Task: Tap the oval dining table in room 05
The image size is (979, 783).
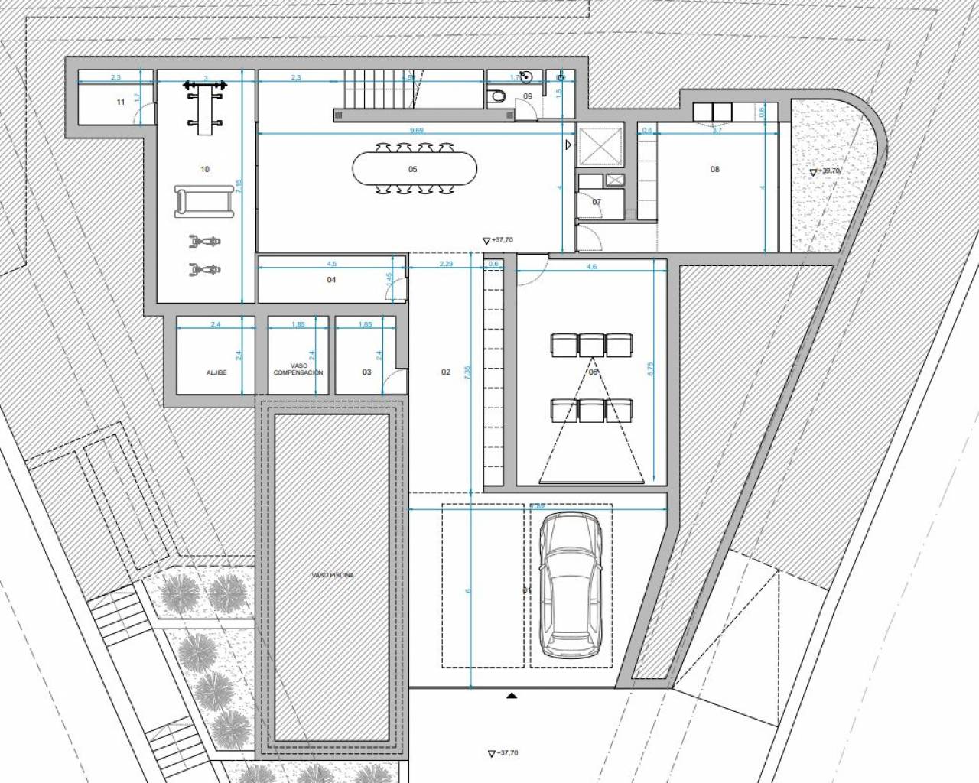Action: (414, 169)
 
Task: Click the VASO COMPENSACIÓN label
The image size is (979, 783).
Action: (298, 369)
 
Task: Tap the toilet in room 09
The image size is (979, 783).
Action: (498, 96)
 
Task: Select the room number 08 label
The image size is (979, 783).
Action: (715, 169)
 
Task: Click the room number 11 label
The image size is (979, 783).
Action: (120, 102)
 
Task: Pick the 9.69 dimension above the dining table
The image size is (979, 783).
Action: (417, 131)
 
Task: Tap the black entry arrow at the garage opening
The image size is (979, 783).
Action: (512, 696)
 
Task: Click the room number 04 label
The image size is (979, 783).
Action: (331, 280)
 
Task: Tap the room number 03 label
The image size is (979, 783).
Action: (366, 372)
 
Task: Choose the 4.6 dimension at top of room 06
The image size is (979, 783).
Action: (590, 267)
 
